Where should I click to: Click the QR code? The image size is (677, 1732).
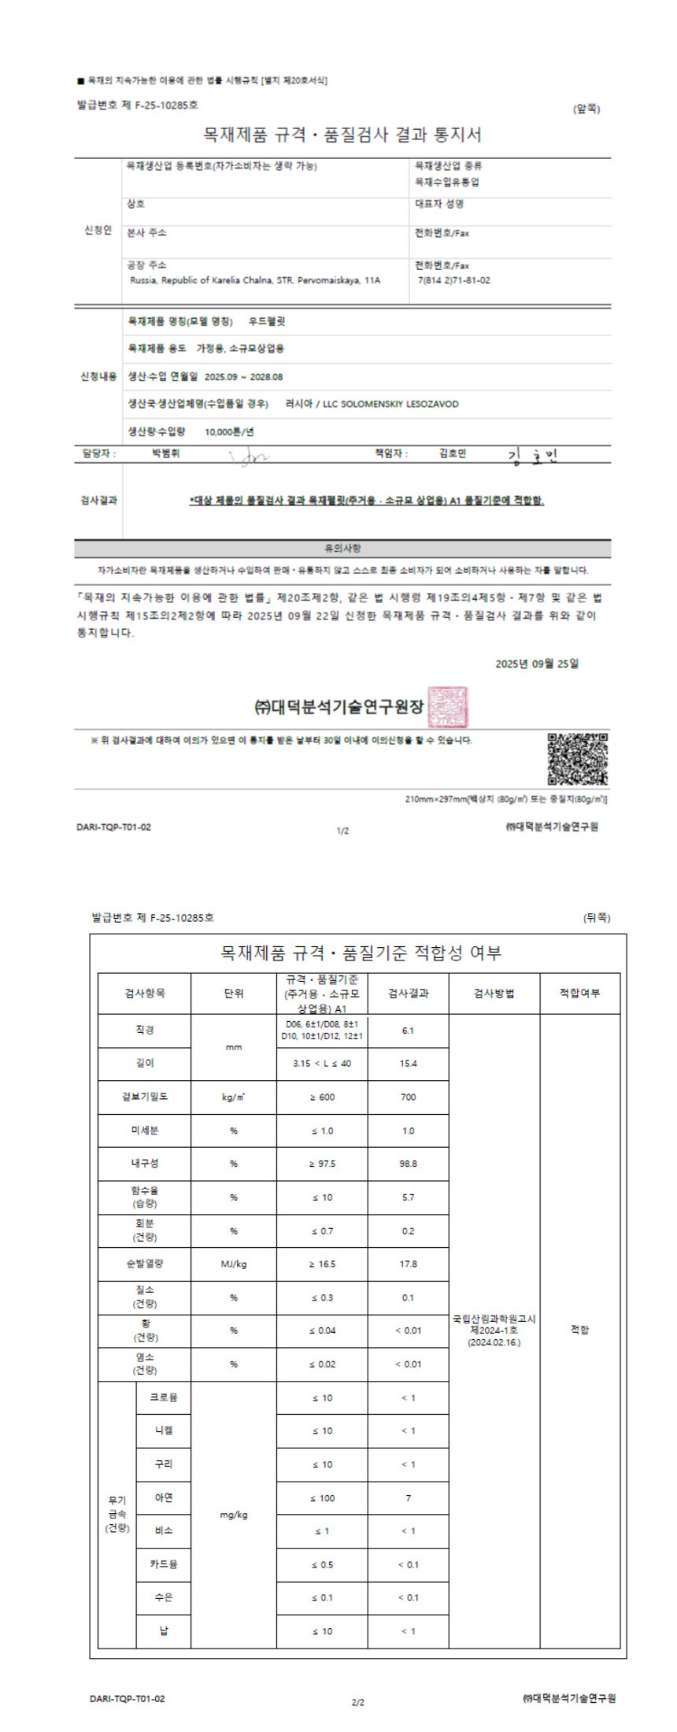pyautogui.click(x=577, y=758)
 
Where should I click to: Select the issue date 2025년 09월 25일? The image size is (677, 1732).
pyautogui.click(x=537, y=664)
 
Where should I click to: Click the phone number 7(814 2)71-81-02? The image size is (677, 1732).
pyautogui.click(x=454, y=280)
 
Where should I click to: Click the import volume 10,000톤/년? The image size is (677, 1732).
pyautogui.click(x=229, y=431)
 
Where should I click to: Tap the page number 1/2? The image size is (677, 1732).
pyautogui.click(x=342, y=831)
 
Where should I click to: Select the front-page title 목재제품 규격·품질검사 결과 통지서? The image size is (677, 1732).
pyautogui.click(x=342, y=135)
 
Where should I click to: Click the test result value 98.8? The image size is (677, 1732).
pyautogui.click(x=408, y=1163)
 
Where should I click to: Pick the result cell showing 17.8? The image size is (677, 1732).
pyautogui.click(x=408, y=1264)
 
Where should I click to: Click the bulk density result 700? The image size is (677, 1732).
pyautogui.click(x=408, y=1097)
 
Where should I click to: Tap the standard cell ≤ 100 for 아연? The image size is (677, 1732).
pyautogui.click(x=322, y=1497)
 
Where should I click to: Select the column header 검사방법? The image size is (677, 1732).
pyautogui.click(x=494, y=994)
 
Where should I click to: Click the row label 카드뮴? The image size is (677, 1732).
pyautogui.click(x=164, y=1564)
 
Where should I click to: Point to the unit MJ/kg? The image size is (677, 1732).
pyautogui.click(x=234, y=1264)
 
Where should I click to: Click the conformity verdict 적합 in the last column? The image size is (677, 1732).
pyautogui.click(x=579, y=1330)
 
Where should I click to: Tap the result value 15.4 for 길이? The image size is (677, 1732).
pyautogui.click(x=408, y=1063)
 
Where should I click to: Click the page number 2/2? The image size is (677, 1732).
pyautogui.click(x=357, y=1702)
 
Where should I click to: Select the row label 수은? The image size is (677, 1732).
pyautogui.click(x=164, y=1597)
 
